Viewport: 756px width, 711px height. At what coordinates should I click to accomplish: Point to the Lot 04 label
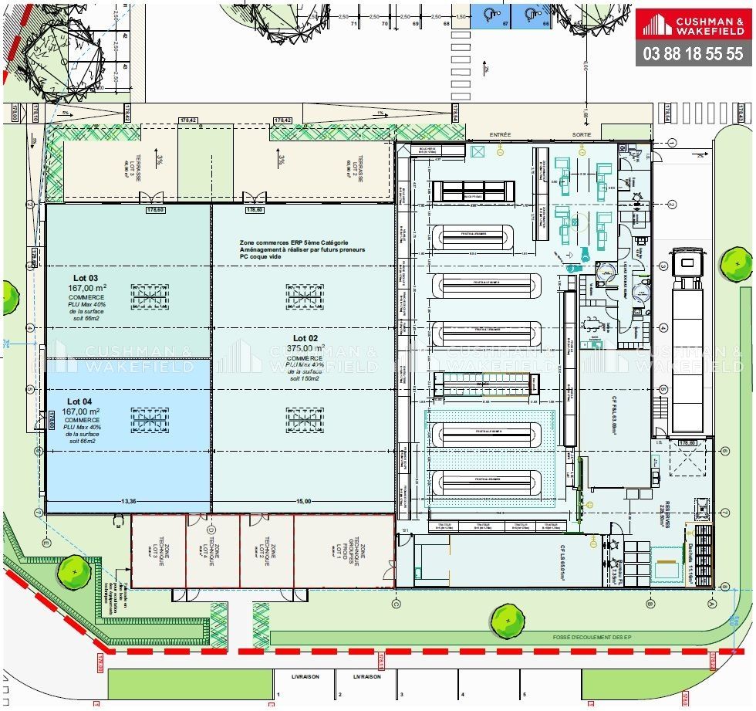[x=79, y=401]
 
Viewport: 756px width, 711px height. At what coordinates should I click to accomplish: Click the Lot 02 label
[x=305, y=338]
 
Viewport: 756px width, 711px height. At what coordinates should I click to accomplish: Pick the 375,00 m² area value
[x=305, y=348]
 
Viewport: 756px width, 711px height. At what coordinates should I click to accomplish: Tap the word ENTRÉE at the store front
[x=500, y=134]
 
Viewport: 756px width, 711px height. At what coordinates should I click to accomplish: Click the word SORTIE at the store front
[x=581, y=134]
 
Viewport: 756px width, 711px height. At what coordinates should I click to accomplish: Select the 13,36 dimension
[x=129, y=502]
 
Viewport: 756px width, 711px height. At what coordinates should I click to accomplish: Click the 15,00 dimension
[x=304, y=502]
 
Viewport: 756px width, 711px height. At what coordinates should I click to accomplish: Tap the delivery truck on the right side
[x=687, y=340]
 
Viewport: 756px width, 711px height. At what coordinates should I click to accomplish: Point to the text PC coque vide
[x=260, y=257]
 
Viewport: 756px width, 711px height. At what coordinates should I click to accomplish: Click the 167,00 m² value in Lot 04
[x=85, y=411]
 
